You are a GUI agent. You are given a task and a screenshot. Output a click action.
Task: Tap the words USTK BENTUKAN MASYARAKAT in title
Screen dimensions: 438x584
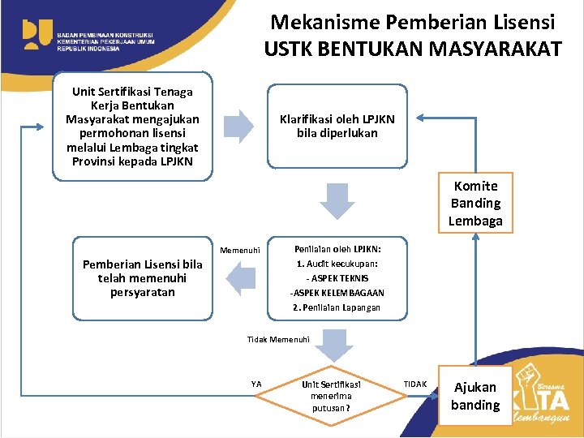(x=412, y=49)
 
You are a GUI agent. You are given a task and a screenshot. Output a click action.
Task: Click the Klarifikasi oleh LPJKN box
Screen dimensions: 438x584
(x=337, y=126)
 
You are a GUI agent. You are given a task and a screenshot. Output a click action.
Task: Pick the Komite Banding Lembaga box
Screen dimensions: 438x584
(x=476, y=204)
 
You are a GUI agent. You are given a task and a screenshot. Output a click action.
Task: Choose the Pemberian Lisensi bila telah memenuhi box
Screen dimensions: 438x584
(x=143, y=278)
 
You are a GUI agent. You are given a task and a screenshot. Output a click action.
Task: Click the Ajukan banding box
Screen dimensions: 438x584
(x=475, y=396)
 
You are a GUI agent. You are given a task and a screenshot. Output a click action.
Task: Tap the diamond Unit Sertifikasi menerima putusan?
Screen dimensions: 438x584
(x=331, y=397)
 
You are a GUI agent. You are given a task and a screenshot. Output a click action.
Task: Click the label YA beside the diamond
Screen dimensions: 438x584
(x=256, y=384)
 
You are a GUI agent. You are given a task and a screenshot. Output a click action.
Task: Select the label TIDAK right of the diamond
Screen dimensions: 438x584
(x=415, y=383)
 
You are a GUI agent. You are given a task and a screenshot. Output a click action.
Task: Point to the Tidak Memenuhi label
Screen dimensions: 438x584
(x=278, y=339)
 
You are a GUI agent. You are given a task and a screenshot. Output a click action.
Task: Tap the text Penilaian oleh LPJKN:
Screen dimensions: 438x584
(x=337, y=249)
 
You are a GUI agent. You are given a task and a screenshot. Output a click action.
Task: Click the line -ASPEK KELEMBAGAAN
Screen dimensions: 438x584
(x=337, y=293)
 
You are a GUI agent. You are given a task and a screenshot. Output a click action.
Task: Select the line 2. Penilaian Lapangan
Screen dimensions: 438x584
(x=337, y=307)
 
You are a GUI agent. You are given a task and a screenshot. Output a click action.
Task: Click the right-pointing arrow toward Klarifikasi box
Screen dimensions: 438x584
(x=238, y=126)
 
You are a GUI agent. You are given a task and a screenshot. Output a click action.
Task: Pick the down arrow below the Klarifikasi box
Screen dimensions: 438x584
(x=337, y=200)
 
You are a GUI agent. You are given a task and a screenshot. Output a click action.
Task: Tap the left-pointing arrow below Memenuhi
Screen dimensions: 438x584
(x=241, y=279)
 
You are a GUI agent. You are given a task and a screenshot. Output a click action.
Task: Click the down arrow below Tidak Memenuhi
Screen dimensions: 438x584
(x=331, y=346)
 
